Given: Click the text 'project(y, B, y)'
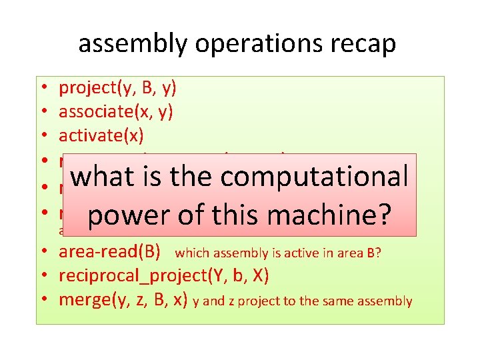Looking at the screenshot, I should click(x=117, y=87).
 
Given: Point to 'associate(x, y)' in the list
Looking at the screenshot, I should click(x=116, y=111).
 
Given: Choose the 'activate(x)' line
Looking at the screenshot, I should click(x=101, y=135).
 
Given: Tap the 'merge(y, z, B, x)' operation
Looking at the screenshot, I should click(x=123, y=300).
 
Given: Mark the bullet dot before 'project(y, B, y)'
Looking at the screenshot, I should click(x=41, y=88).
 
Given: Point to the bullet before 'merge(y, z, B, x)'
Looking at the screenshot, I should click(x=41, y=301).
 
